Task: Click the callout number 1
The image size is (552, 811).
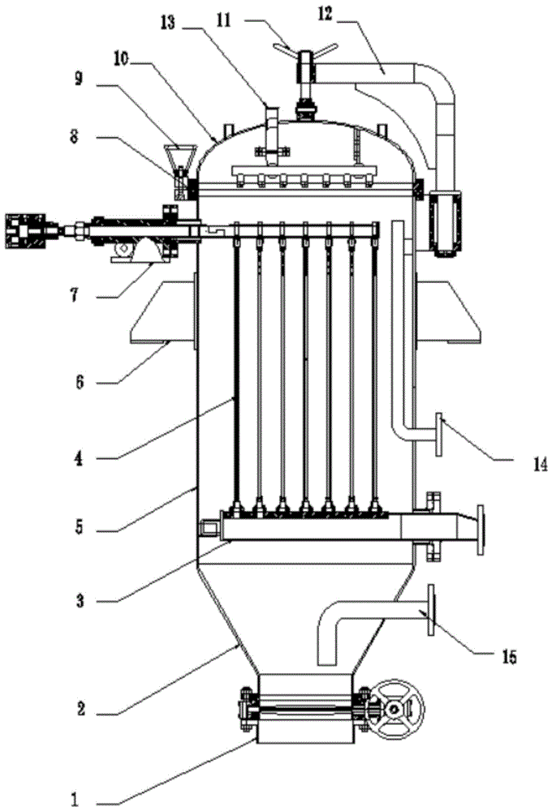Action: pyautogui.click(x=75, y=800)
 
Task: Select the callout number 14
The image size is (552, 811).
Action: pyautogui.click(x=540, y=465)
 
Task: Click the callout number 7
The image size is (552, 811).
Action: pyautogui.click(x=75, y=296)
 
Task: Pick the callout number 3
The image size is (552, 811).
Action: pyautogui.click(x=80, y=601)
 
